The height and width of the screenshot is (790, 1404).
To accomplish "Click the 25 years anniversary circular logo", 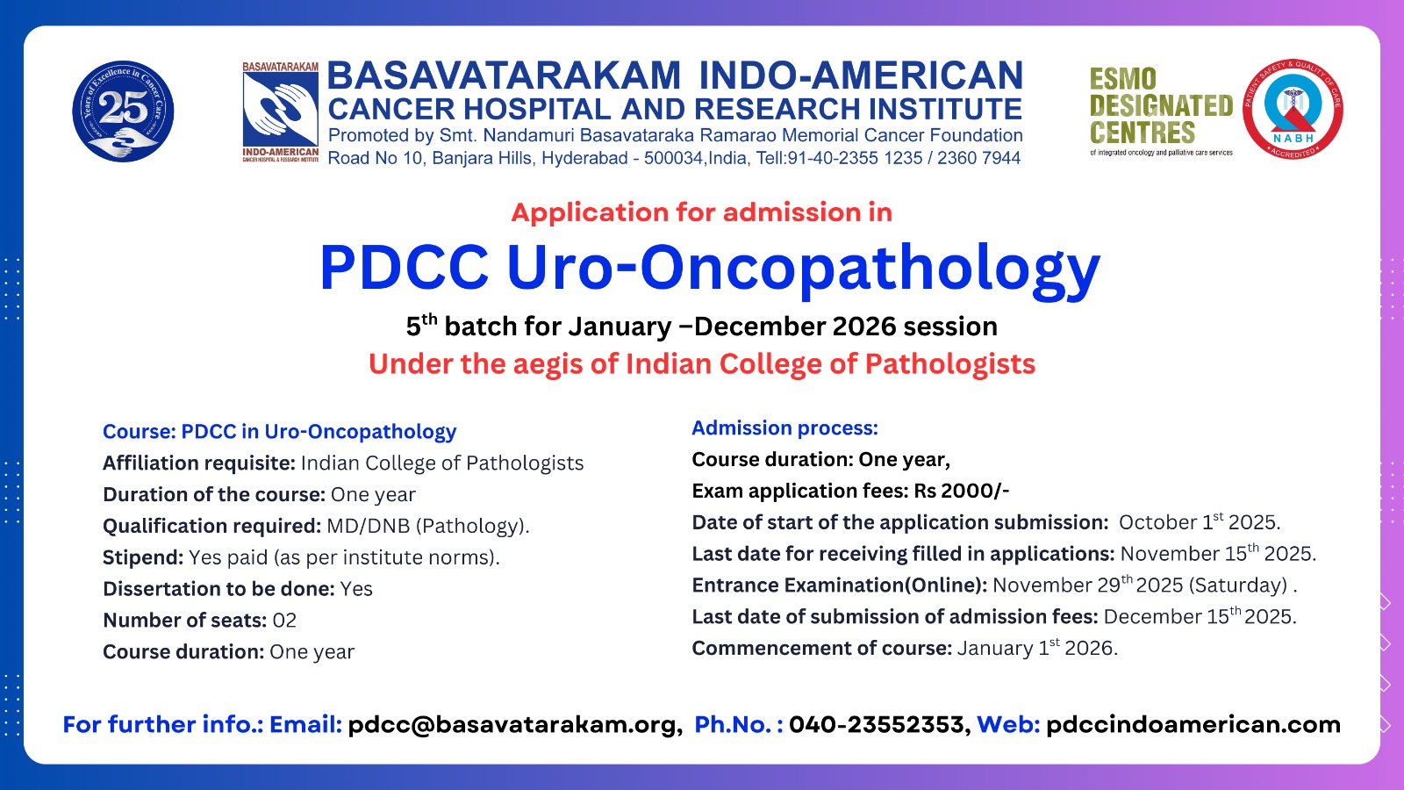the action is tap(123, 111).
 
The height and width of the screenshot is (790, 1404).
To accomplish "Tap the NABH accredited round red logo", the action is tap(1293, 109).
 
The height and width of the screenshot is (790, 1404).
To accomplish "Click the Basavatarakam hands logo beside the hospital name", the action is tap(280, 111).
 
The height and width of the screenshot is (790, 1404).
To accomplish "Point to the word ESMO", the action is tap(1122, 80).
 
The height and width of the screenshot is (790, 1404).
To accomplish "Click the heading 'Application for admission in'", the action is tap(701, 212).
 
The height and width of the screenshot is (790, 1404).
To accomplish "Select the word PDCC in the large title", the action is tap(404, 267).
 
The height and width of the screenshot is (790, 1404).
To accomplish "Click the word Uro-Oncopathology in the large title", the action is tap(804, 269).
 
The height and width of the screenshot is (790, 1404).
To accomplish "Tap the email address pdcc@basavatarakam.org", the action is tap(514, 725).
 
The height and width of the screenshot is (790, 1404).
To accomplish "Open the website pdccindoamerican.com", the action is tap(1193, 725).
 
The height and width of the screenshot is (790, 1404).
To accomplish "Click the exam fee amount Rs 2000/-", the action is tap(962, 491).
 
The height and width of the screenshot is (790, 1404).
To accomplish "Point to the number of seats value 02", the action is tap(284, 620).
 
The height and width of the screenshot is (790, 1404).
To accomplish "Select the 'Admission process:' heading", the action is tap(784, 428).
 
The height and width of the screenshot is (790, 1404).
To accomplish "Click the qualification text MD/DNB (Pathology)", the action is tap(428, 526).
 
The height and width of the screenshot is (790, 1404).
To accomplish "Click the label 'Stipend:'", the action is tap(143, 557).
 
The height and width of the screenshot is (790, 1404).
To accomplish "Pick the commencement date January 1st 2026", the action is tap(1037, 648).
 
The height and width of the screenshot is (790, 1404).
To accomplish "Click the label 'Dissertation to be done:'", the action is tap(218, 589).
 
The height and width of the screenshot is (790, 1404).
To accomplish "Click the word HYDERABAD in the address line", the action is tap(584, 159).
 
